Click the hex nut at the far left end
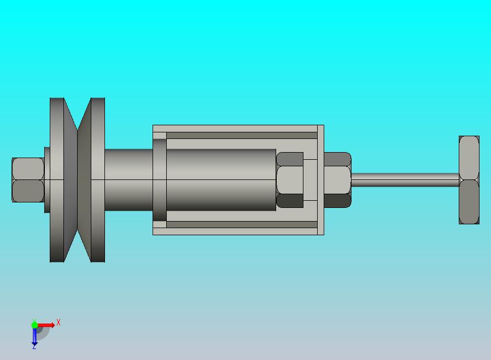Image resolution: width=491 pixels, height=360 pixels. (27, 180)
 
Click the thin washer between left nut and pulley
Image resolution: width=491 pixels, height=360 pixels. (47, 180)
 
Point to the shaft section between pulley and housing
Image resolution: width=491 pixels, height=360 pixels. (128, 180)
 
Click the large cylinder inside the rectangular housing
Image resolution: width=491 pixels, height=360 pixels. (221, 180)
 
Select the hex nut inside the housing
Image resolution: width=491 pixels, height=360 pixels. (290, 180)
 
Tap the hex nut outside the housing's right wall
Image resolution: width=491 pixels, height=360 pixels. (337, 180)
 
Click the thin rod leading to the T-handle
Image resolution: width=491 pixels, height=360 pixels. (405, 180)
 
